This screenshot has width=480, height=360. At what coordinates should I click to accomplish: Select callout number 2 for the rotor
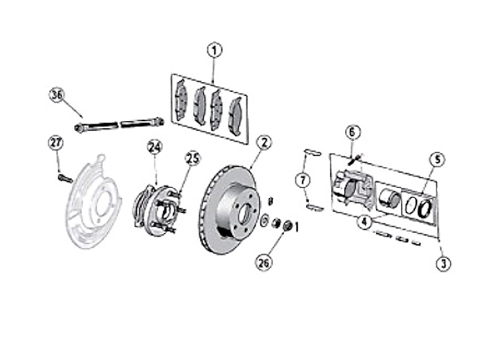tap(264, 143)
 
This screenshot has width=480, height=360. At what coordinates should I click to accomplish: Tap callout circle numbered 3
tap(444, 263)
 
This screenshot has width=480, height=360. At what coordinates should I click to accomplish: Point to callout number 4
tap(365, 221)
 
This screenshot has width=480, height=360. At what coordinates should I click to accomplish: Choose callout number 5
tap(437, 160)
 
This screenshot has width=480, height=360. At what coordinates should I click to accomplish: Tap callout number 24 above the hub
tap(155, 147)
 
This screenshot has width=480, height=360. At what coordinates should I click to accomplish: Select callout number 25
tap(192, 159)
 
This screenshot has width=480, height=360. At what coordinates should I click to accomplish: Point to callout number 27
tap(56, 143)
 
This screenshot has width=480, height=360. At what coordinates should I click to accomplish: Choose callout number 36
tap(56, 95)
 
